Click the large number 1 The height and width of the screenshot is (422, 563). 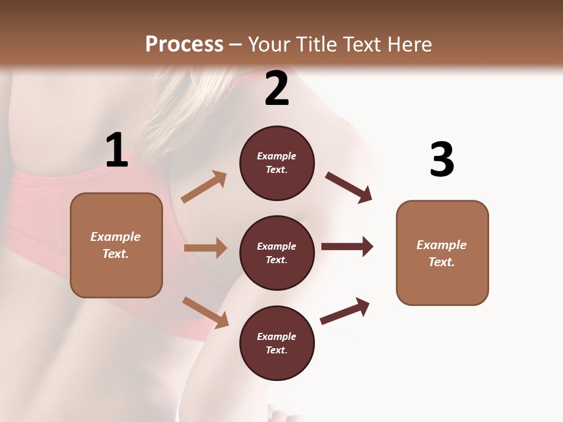pyautogui.click(x=117, y=150)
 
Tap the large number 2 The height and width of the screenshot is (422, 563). pyautogui.click(x=277, y=88)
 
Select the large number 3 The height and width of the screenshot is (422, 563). pyautogui.click(x=442, y=159)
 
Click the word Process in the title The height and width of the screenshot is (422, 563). pyautogui.click(x=184, y=44)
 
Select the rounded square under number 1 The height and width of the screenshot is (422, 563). pyautogui.click(x=116, y=245)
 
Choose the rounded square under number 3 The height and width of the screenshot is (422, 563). pyautogui.click(x=442, y=253)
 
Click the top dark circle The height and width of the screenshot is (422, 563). pyautogui.click(x=277, y=163)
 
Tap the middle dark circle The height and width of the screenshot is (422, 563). pyautogui.click(x=277, y=253)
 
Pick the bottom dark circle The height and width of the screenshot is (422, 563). pyautogui.click(x=277, y=343)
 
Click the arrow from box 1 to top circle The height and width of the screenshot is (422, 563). pyautogui.click(x=204, y=187)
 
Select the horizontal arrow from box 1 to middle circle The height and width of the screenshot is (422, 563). pyautogui.click(x=205, y=248)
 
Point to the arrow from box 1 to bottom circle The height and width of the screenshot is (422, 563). pyautogui.click(x=205, y=312)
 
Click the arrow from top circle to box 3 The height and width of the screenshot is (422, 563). pyautogui.click(x=348, y=187)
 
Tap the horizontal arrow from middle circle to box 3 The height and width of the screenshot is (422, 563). pyautogui.click(x=347, y=247)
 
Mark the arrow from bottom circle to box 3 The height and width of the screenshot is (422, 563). pyautogui.click(x=345, y=311)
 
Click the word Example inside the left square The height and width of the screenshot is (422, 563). pyautogui.click(x=116, y=237)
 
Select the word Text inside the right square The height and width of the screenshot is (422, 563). pyautogui.click(x=441, y=262)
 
